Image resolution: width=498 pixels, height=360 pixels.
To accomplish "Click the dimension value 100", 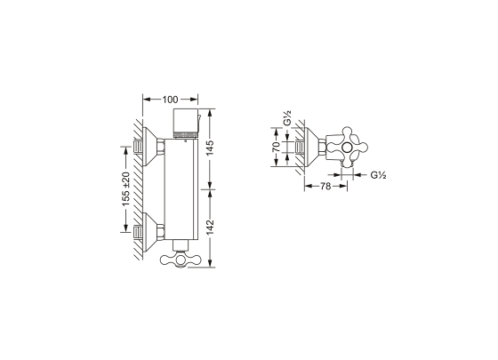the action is pos(170,100).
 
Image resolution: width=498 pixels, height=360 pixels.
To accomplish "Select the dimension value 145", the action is pos(210,148).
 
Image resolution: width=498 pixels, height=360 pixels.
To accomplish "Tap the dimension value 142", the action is pos(210,228).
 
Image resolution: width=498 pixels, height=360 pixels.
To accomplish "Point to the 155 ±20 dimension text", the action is pos(126,189).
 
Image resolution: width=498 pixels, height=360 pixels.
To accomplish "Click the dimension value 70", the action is pos(277,147).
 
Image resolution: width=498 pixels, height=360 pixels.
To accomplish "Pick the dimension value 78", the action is pos(325,186).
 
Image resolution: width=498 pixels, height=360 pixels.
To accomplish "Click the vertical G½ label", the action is pos(287,117).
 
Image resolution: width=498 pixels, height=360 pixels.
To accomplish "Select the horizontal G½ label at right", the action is pos(378,174).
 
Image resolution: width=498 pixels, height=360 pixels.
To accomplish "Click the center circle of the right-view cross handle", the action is pos(347,147).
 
